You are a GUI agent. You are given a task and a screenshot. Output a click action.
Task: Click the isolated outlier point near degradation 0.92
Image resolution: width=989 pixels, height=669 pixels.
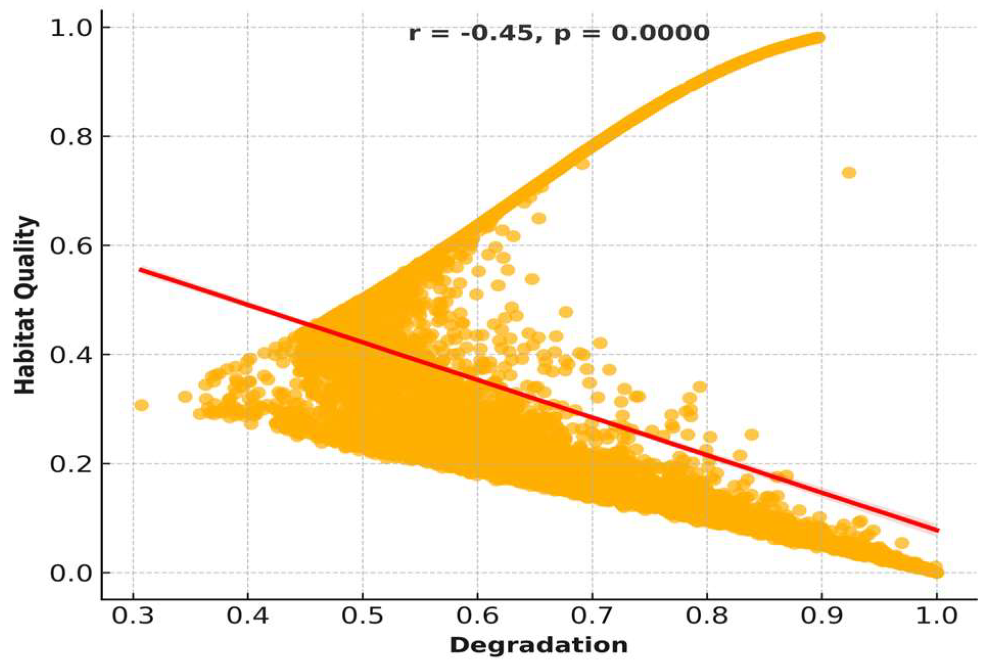click(849, 173)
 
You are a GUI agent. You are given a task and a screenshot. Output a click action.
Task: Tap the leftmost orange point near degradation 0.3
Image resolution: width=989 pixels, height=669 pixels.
click(141, 405)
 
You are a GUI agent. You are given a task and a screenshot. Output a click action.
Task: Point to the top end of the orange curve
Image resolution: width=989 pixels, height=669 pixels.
click(817, 37)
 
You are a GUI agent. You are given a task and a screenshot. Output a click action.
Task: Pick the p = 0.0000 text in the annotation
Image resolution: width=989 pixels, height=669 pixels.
click(632, 33)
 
